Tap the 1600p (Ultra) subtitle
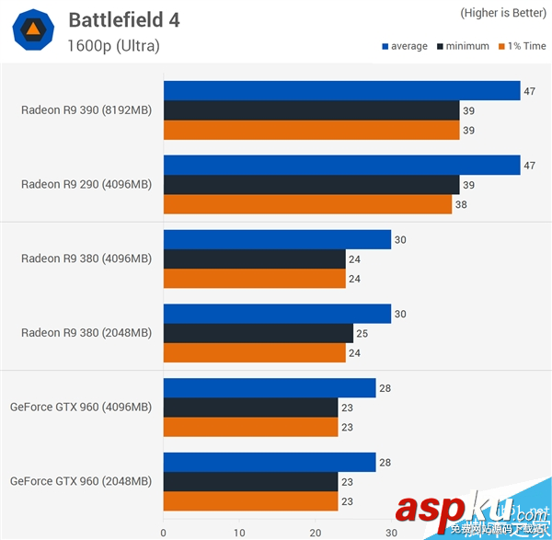tap(114, 45)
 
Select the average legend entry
tap(404, 46)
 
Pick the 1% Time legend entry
tap(522, 46)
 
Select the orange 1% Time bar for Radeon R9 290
tap(307, 204)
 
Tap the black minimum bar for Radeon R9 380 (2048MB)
tap(259, 332)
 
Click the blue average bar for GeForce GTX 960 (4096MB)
tap(270, 388)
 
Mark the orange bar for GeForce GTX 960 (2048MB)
tap(250, 501)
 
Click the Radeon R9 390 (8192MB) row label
tap(86, 110)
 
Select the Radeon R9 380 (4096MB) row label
tap(86, 259)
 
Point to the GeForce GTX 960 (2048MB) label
tap(81, 481)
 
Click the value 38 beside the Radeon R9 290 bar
tap(461, 205)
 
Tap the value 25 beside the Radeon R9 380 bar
tap(362, 333)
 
